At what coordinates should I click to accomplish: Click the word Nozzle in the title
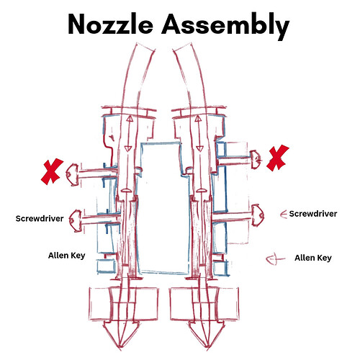(x=111, y=24)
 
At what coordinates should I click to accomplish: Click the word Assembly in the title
(x=225, y=26)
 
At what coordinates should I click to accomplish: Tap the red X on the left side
(x=52, y=171)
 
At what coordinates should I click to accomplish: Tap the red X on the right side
(x=278, y=158)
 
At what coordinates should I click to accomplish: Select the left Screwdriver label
(x=40, y=218)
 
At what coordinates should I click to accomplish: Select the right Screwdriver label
(x=313, y=214)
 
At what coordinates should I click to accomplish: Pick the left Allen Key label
(x=67, y=256)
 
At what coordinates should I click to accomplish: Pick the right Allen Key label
(x=313, y=258)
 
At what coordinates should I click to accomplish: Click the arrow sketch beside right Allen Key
(x=275, y=259)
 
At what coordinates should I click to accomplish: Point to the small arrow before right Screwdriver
(x=284, y=214)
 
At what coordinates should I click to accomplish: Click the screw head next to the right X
(x=256, y=159)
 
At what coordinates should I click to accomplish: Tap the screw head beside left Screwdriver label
(x=76, y=221)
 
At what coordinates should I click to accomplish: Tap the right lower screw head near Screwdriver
(x=258, y=215)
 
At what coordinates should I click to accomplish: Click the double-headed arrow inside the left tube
(x=130, y=133)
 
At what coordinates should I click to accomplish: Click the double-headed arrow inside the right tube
(x=199, y=133)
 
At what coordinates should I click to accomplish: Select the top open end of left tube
(x=145, y=47)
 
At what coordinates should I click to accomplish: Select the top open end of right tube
(x=182, y=47)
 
